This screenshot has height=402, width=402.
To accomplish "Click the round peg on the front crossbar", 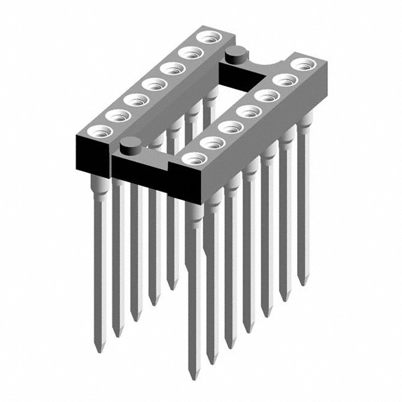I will (x=129, y=146).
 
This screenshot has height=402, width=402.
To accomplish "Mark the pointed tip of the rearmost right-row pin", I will (x=304, y=284).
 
